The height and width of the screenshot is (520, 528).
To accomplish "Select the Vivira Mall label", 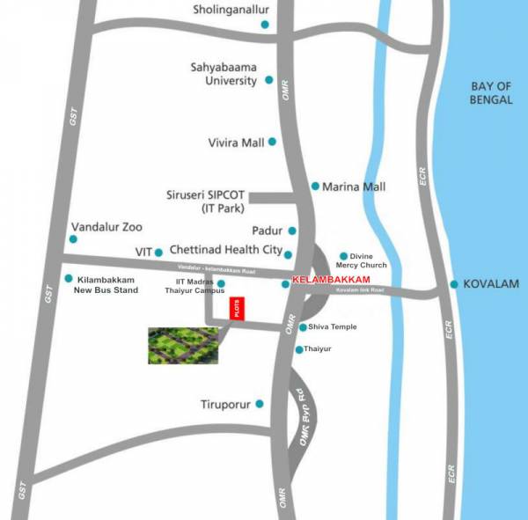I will click(x=235, y=142).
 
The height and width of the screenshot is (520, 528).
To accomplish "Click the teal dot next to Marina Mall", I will click(x=315, y=187).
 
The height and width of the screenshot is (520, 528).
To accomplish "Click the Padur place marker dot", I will click(x=292, y=231).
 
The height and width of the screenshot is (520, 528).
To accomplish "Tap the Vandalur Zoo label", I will click(x=106, y=226).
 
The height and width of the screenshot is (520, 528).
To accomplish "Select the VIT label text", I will click(x=143, y=252).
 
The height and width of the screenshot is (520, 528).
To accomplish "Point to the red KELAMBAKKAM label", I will click(x=330, y=279).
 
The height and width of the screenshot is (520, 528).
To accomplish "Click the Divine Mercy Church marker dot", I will click(x=343, y=256).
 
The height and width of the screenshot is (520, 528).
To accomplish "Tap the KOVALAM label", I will click(x=492, y=284).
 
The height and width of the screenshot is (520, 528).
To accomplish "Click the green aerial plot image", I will click(x=182, y=345).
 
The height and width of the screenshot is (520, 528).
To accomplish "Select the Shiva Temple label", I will click(x=333, y=327).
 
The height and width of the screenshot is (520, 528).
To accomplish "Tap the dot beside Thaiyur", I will click(x=299, y=350).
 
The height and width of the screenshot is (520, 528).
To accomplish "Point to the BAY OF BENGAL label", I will click(x=491, y=92).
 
